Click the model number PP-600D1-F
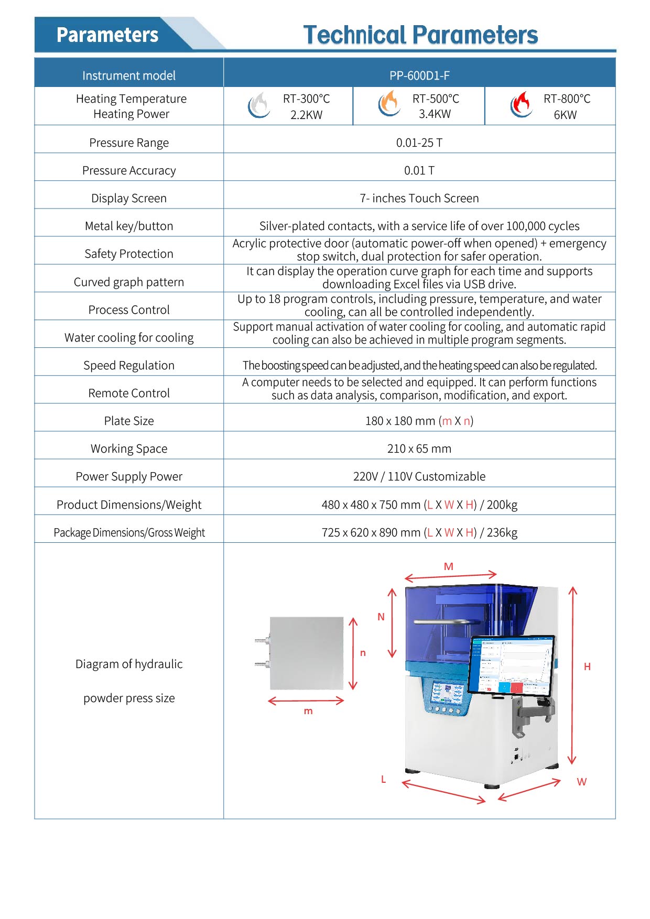pos(419,75)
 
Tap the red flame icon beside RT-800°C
pos(521,105)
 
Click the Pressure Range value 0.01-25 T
pos(419,143)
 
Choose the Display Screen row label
pos(129,198)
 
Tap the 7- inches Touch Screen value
pos(419,198)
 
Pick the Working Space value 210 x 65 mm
pos(419,448)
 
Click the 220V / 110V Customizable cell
pos(419,476)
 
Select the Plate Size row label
pos(129,421)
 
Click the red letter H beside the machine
pos(587,666)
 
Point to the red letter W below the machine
pos(581,782)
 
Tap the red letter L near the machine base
pos(383,779)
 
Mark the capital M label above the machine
pos(448,566)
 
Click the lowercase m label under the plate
pos(308,711)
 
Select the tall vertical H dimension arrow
pos(572,676)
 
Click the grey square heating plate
pos(307,653)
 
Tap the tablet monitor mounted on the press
pos(511,665)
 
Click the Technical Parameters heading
pos(420,35)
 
